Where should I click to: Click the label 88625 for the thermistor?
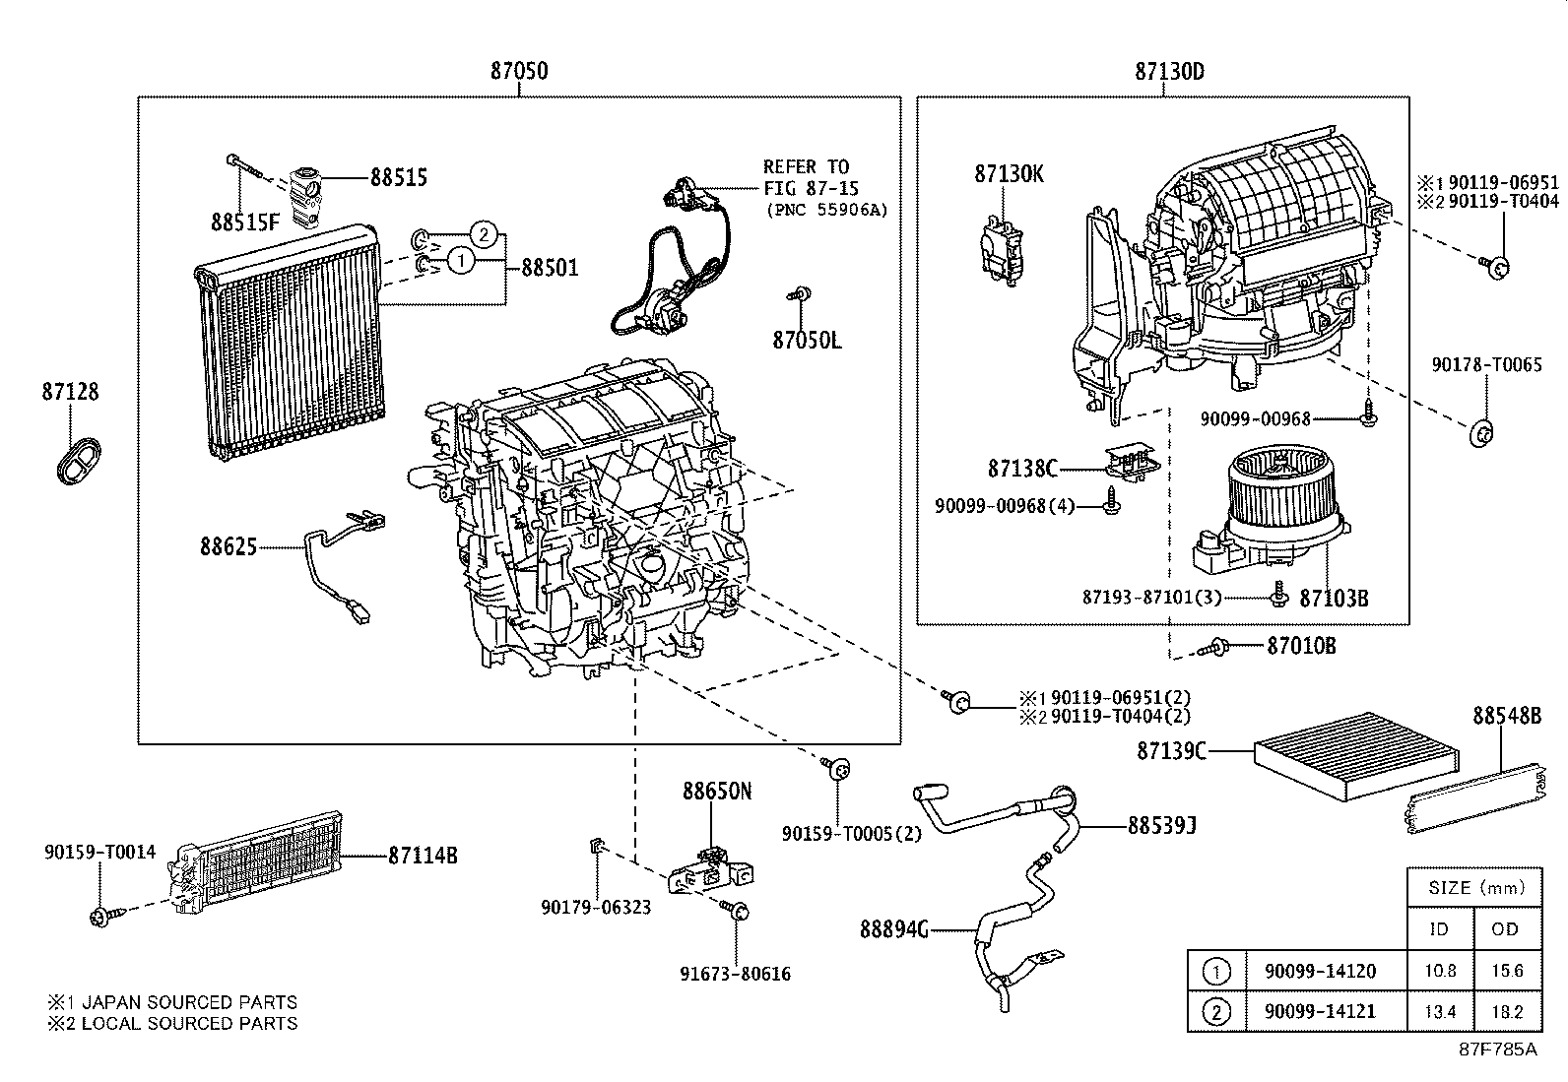(228, 546)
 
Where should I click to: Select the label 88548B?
(1506, 716)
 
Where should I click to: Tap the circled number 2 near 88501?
(482, 234)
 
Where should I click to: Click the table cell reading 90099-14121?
(1319, 1011)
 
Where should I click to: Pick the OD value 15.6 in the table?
(1506, 971)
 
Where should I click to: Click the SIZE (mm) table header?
(1474, 887)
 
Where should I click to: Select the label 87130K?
(1009, 174)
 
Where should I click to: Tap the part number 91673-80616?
(735, 974)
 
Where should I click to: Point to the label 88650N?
(717, 792)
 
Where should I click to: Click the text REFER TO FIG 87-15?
(807, 177)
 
